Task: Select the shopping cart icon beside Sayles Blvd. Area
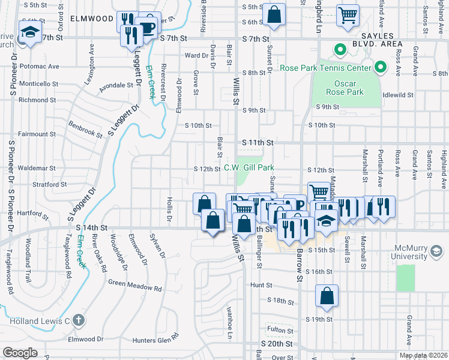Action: (348, 16)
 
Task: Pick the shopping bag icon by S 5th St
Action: (274, 16)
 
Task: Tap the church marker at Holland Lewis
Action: (79, 320)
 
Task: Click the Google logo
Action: (20, 353)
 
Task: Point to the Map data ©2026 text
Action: (424, 355)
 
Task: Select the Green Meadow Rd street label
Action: (135, 285)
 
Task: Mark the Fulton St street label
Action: (279, 329)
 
